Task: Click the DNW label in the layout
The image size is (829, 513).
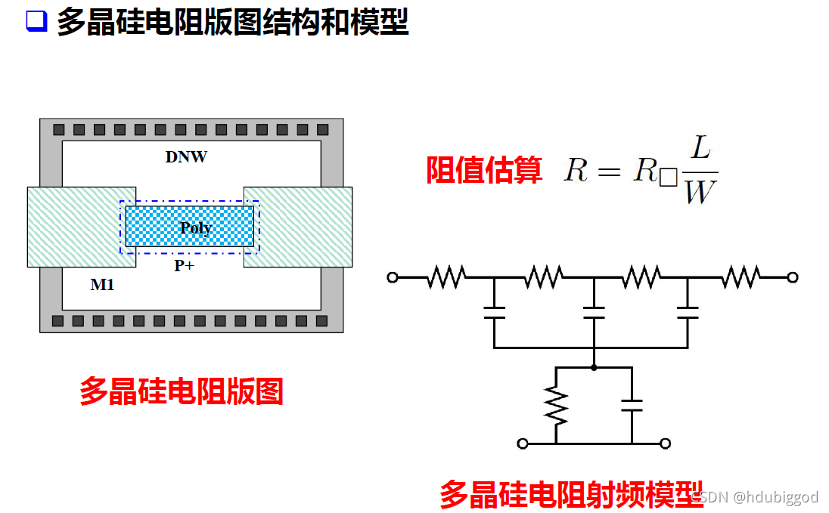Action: pos(186,158)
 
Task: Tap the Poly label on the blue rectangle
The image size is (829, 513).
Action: pos(195,227)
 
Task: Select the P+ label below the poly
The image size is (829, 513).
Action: pos(185,265)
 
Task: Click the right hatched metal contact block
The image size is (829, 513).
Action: pos(303,227)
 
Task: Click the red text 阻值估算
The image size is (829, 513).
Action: pos(484,171)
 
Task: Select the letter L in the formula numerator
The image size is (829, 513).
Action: pos(700,148)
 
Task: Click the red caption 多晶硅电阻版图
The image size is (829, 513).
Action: pos(182,392)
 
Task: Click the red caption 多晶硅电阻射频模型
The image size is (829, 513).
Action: pos(571,494)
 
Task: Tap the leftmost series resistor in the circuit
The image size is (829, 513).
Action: pos(446,277)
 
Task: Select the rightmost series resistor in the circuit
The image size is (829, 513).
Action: pos(741,277)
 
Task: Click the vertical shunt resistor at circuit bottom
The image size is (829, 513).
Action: pos(556,406)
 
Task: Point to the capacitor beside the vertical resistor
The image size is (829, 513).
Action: pos(631,406)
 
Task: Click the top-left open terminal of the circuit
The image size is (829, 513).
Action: pos(393,277)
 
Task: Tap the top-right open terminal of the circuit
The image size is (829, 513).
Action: pos(792,277)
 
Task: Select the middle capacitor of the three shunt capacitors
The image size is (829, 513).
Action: pos(594,313)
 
